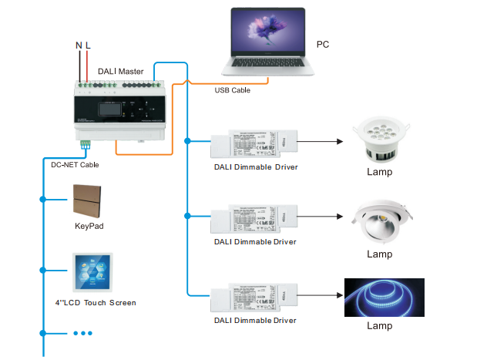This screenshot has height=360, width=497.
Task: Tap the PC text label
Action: click(323, 44)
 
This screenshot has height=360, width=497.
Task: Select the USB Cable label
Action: click(232, 90)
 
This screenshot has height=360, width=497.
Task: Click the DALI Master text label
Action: click(121, 71)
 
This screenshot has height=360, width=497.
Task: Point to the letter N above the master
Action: click(79, 46)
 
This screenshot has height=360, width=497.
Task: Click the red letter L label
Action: click(88, 46)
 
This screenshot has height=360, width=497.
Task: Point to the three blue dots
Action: click(82, 333)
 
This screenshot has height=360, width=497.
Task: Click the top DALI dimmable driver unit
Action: click(254, 141)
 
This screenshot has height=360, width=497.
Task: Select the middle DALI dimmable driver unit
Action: click(254, 218)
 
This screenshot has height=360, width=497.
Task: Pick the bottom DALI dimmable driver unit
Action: click(254, 294)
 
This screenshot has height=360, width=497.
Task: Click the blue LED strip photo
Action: click(385, 297)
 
